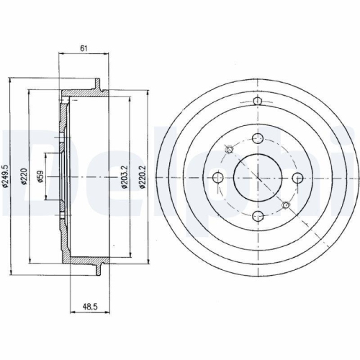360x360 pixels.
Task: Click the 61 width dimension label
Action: point(84,49)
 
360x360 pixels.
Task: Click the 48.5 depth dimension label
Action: point(90,307)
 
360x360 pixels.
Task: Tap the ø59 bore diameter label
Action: point(40,176)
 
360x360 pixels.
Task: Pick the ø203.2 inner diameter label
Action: point(125,177)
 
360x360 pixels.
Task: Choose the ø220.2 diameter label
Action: point(143,177)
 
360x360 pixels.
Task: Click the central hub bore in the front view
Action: point(258,178)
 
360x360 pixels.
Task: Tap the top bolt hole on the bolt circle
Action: point(258,138)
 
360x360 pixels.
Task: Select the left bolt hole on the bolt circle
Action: point(218,178)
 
